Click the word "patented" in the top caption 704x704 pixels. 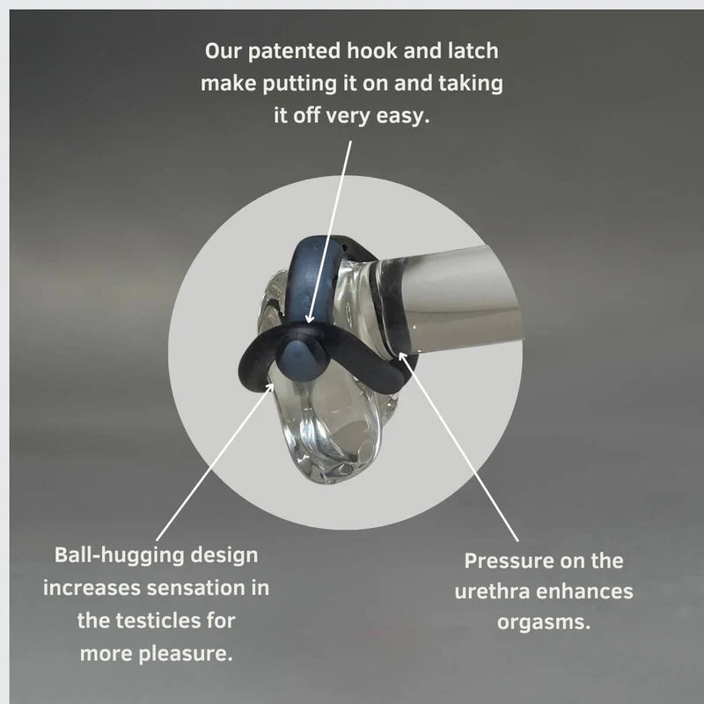pos(294,51)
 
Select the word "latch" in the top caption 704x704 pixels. pos(473,50)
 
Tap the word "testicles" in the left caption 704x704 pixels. pos(153,620)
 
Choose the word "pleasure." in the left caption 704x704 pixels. pos(186,654)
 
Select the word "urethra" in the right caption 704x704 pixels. pos(492,591)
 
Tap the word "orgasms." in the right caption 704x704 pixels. pos(543,623)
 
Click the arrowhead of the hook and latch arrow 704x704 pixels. pos(310,319)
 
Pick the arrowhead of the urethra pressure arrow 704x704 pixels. pos(403,357)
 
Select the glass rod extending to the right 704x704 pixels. pos(449,302)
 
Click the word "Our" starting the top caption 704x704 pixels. pos(223,50)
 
